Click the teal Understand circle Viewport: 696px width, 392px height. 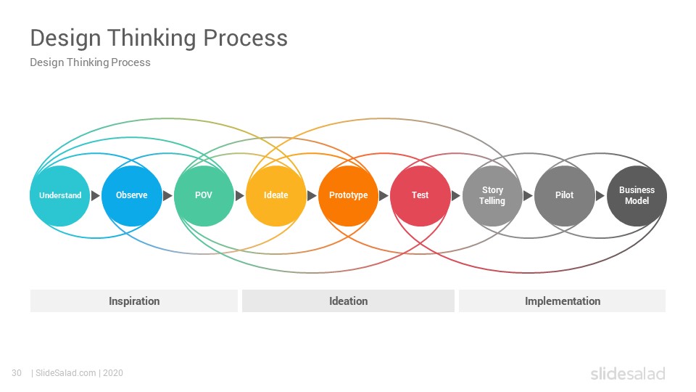pyautogui.click(x=60, y=195)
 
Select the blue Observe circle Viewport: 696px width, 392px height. pyautogui.click(x=132, y=195)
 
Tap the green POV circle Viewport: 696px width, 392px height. pyautogui.click(x=204, y=195)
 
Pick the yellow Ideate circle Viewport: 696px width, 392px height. pyautogui.click(x=276, y=195)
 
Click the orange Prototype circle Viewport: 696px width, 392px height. pyautogui.click(x=349, y=195)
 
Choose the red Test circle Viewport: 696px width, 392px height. pyautogui.click(x=420, y=195)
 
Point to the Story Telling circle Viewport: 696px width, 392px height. pyautogui.click(x=493, y=195)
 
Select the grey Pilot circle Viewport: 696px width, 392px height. pyautogui.click(x=565, y=195)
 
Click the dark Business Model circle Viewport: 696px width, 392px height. pyautogui.click(x=637, y=195)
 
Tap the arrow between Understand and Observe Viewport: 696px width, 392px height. pyautogui.click(x=96, y=195)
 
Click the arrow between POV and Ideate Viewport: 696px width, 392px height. pyautogui.click(x=240, y=195)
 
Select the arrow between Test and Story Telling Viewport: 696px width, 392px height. pyautogui.click(x=456, y=195)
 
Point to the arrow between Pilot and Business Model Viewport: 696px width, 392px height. pyautogui.click(x=600, y=195)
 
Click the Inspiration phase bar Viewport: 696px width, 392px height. pyautogui.click(x=134, y=301)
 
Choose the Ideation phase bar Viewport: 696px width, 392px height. pyautogui.click(x=349, y=301)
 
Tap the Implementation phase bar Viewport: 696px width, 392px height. pyautogui.click(x=563, y=301)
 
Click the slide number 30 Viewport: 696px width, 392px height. pyautogui.click(x=17, y=373)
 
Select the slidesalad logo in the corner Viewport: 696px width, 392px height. pyautogui.click(x=628, y=374)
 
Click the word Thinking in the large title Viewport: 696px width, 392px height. pyautogui.click(x=152, y=38)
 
